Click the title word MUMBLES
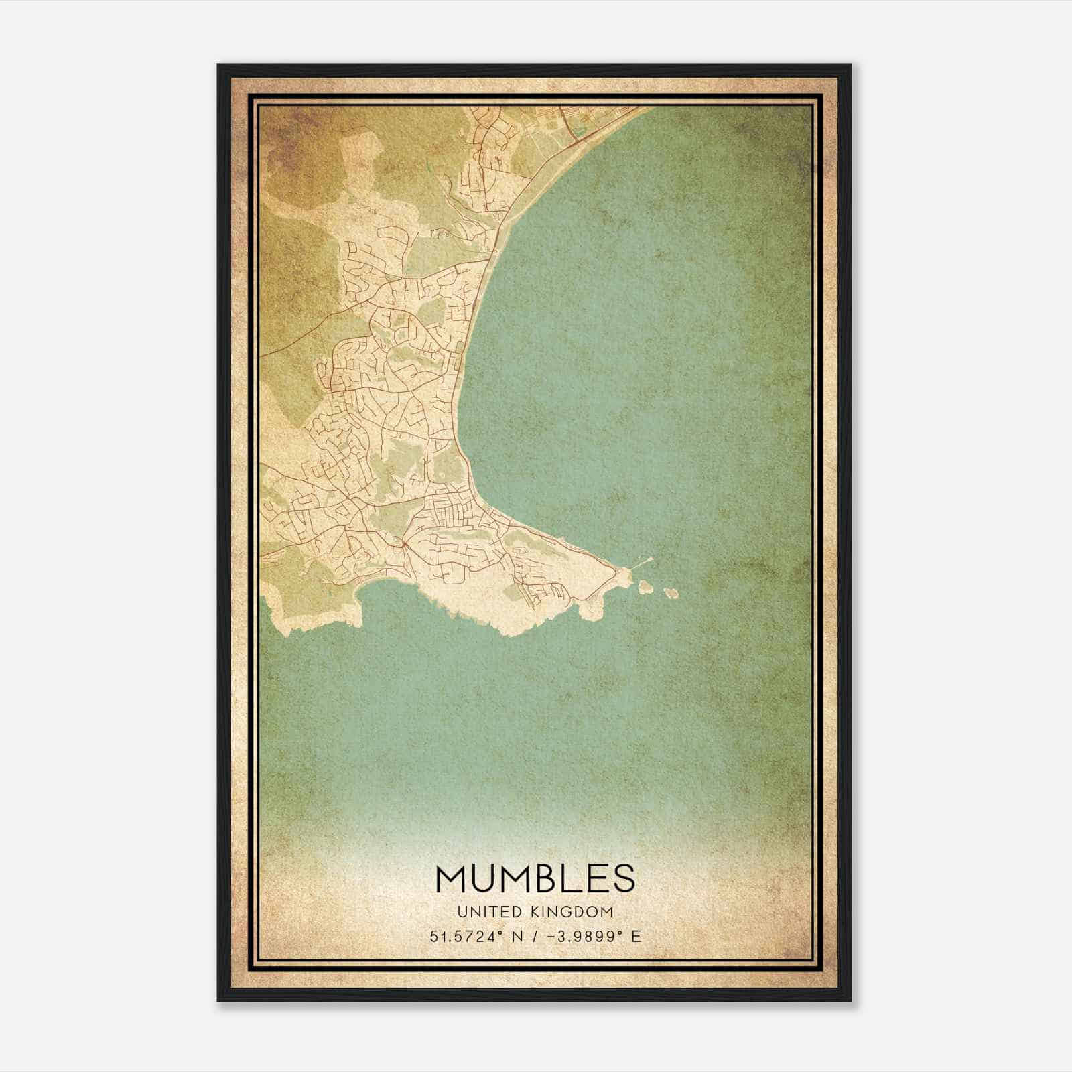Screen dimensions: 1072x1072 click(535, 878)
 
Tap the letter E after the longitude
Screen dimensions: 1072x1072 click(636, 936)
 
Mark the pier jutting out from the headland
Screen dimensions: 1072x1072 click(645, 561)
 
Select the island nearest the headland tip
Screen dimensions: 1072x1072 click(647, 588)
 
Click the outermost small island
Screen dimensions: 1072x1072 click(670, 593)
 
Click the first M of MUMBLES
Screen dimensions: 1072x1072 click(452, 878)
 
